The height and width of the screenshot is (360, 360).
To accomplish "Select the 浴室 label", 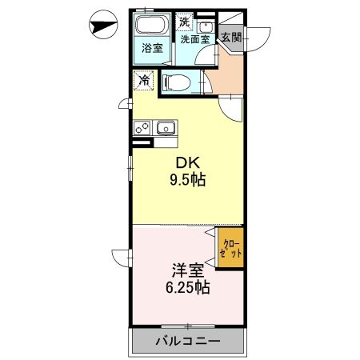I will click(152, 48).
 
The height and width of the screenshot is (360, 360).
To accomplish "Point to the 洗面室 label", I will click(194, 38).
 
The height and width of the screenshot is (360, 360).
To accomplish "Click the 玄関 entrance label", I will click(231, 37).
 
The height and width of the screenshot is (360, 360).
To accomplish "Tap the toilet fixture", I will click(178, 82).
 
